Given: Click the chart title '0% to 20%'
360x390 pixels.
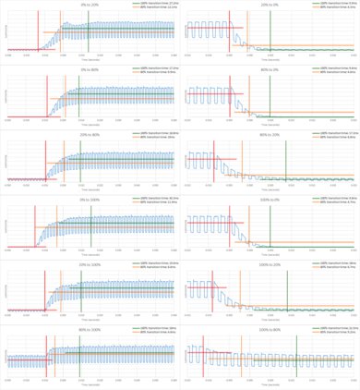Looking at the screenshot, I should point(90,4).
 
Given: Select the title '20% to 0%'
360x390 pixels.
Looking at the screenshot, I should point(270,4).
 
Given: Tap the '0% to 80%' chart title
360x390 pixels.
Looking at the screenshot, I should point(90,68).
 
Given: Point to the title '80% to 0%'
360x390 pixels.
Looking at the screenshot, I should point(270,68).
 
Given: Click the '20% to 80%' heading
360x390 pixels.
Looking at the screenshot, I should point(90,133).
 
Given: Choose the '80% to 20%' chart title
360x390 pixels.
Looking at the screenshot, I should point(270,133).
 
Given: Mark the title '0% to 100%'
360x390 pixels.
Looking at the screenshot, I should point(90,199).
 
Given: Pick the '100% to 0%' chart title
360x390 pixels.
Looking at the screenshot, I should point(270,199).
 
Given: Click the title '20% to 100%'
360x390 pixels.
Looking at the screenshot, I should point(90,263).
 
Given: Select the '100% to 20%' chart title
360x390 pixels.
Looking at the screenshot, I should point(270,263).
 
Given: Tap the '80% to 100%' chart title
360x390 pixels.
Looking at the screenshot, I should point(90,328).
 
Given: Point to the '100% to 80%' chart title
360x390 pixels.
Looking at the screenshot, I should point(270,328).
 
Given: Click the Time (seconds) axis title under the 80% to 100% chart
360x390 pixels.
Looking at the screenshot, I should point(90,387).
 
